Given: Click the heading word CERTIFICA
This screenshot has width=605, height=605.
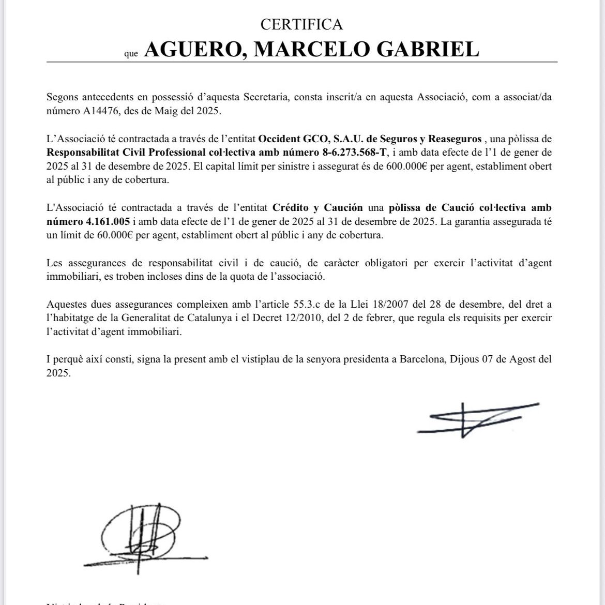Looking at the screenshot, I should [x=302, y=24].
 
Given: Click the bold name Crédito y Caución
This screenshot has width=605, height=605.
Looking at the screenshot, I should [x=317, y=208].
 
